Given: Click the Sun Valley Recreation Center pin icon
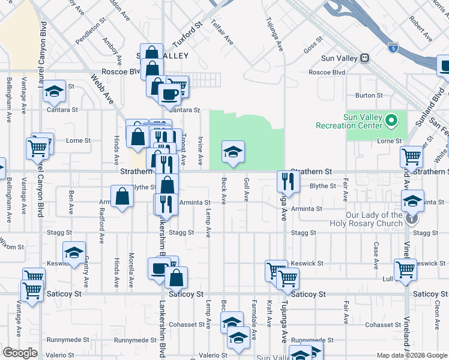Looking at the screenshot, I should (391, 121).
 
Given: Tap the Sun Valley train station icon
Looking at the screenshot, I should (364, 58).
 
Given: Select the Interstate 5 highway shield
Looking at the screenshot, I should (393, 46).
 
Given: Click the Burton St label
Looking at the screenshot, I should (369, 95).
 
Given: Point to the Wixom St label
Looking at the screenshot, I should (11, 246).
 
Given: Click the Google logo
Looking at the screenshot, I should (20, 353).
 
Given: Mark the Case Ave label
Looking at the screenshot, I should (376, 255).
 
